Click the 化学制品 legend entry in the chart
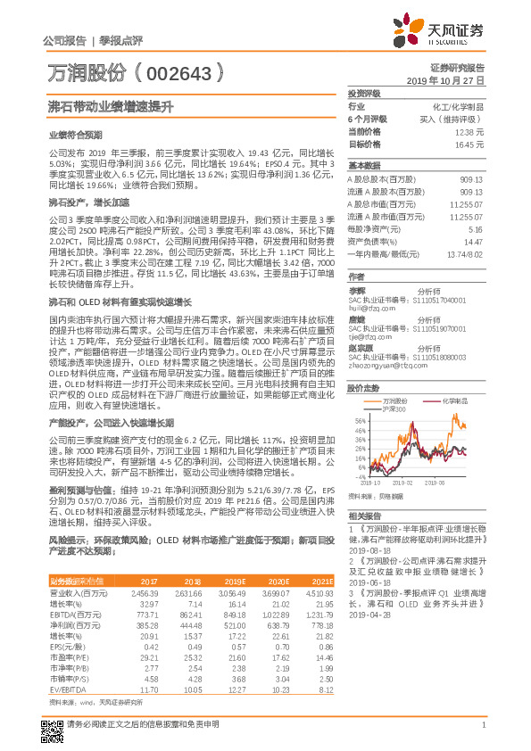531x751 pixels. coord(454,401)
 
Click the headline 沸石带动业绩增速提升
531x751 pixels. coord(110,106)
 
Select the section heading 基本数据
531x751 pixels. coord(364,166)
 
